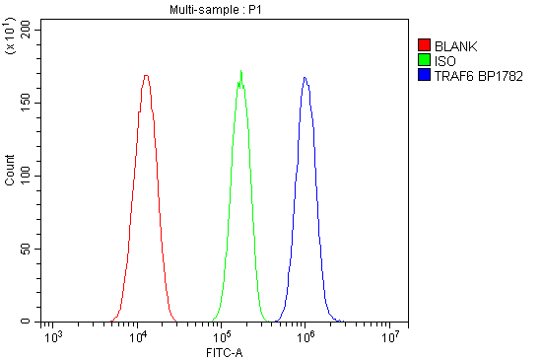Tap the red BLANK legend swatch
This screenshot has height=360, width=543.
coord(424,45)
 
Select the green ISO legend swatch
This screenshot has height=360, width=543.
coord(424,60)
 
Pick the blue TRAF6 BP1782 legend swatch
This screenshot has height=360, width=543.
coord(424,75)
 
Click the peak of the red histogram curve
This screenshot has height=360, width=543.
coord(146,75)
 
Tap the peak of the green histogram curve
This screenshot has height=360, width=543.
coord(241,71)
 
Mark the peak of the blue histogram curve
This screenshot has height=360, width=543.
coord(305,77)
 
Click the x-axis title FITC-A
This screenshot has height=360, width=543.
coord(224,351)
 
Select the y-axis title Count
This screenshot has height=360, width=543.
coord(11,176)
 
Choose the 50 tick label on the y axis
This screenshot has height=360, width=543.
coord(29,249)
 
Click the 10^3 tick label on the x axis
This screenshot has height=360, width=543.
coord(55,337)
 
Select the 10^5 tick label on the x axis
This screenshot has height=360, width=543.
coord(223,337)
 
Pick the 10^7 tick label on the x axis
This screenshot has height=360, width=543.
coord(391,337)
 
